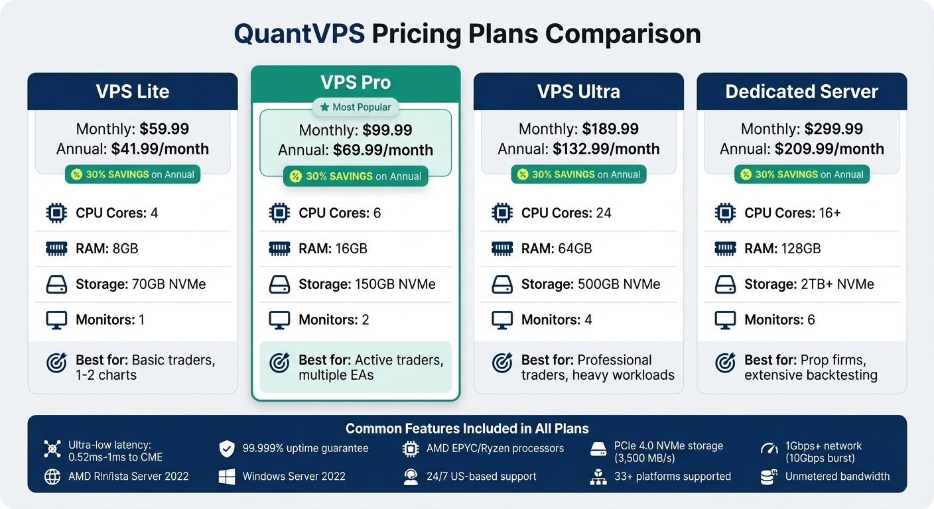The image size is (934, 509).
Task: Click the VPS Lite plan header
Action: [133, 91]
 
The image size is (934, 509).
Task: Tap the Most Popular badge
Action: [356, 107]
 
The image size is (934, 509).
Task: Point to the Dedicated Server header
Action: [801, 91]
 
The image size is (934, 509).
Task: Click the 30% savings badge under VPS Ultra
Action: [578, 174]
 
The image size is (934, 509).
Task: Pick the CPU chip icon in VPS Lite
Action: [56, 213]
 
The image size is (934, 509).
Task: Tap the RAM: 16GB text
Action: [332, 249]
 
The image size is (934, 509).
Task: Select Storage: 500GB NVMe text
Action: [590, 284]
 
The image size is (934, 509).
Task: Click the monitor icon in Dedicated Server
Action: [725, 320]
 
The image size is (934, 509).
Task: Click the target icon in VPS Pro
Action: [279, 363]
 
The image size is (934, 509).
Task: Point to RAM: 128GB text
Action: [782, 249]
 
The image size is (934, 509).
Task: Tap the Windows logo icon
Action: [227, 477]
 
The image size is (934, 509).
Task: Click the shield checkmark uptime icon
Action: [227, 449]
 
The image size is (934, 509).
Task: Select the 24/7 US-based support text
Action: [481, 477]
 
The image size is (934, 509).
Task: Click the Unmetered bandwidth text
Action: [837, 477]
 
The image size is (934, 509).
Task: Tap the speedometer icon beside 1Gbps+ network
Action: [769, 449]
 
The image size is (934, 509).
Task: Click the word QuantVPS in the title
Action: [299, 34]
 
